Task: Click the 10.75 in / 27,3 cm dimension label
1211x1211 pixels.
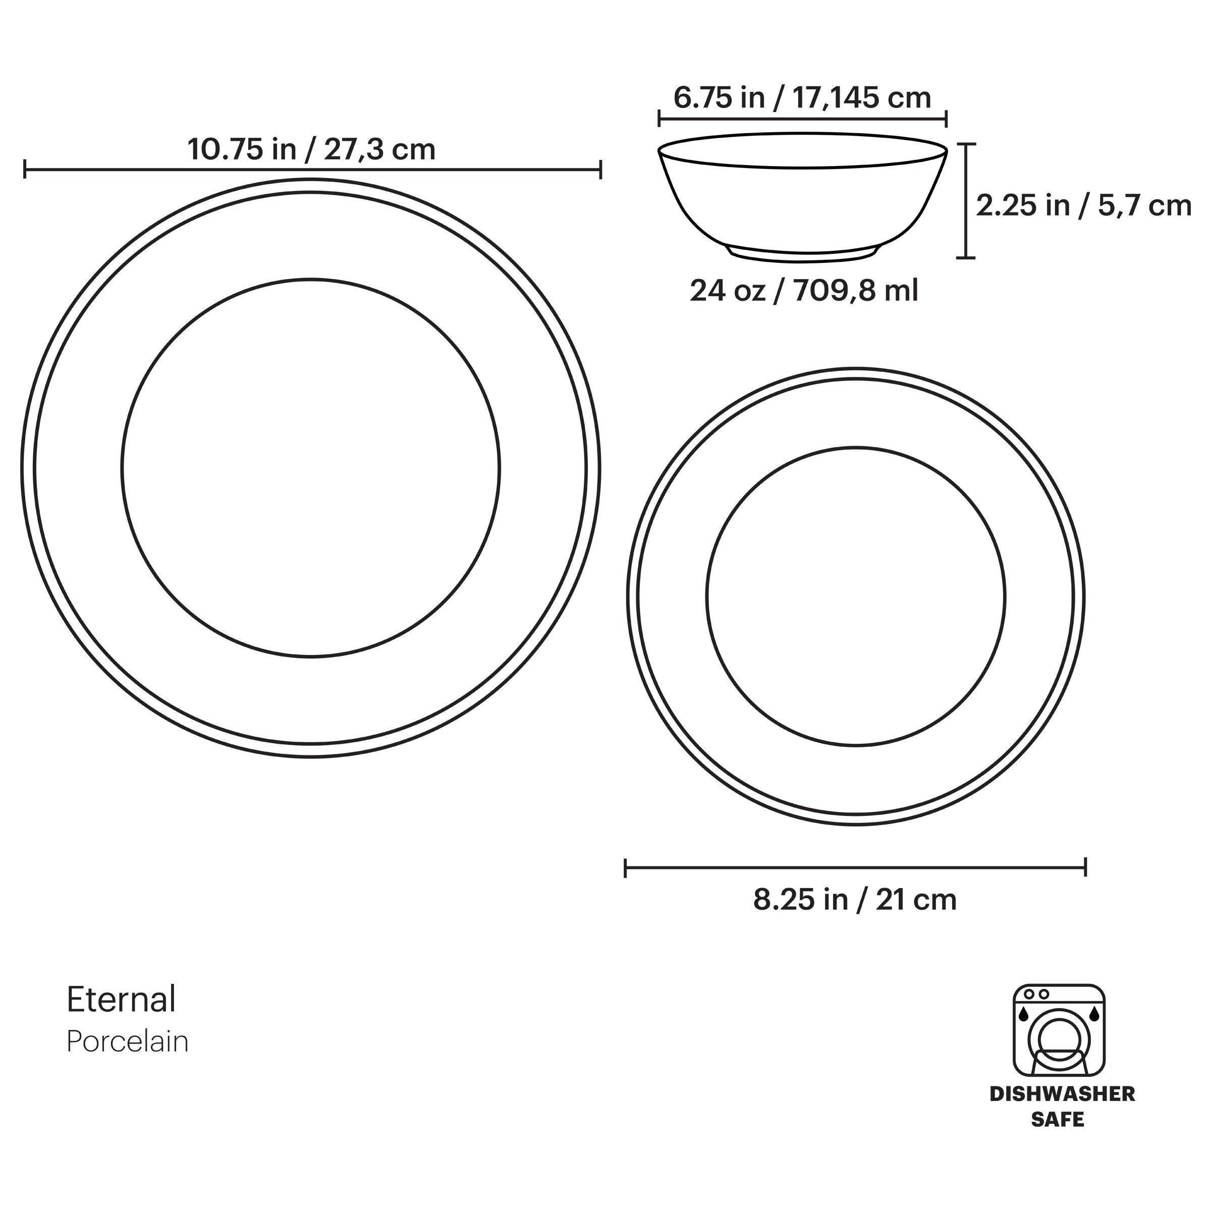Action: click(311, 149)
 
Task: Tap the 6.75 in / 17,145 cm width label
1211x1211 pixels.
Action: click(802, 98)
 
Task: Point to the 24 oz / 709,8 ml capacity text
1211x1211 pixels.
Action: click(804, 291)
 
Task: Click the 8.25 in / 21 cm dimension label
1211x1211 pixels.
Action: click(854, 900)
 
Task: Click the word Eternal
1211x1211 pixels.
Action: click(121, 999)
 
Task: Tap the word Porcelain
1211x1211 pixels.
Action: click(127, 1042)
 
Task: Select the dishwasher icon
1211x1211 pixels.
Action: click(1059, 1030)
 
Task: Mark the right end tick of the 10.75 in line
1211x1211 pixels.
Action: click(600, 169)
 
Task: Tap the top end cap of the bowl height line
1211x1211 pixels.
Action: click(967, 144)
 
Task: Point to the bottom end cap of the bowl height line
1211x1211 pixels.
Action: click(967, 257)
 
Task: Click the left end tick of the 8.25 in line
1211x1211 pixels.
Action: click(626, 868)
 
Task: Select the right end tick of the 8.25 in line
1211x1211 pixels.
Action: click(1085, 868)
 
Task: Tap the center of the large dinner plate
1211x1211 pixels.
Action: click(311, 468)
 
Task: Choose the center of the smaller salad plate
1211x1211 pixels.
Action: click(856, 596)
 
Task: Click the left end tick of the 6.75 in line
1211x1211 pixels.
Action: click(659, 118)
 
